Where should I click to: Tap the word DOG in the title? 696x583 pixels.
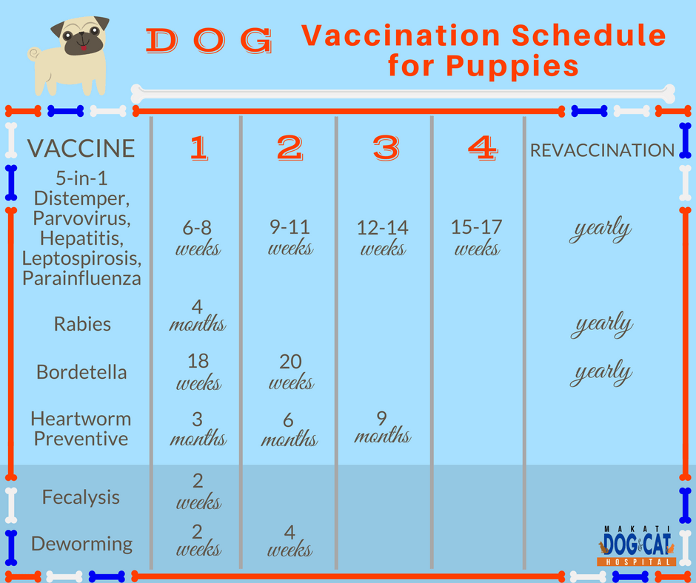pos(210,41)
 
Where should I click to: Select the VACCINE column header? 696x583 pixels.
pos(81,149)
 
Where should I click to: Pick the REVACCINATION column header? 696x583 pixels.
pos(602,150)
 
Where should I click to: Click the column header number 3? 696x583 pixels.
pos(385,149)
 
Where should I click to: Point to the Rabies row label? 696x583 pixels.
pos(82,323)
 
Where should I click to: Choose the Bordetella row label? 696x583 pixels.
pos(81,371)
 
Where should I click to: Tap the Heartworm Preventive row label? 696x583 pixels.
pos(81,428)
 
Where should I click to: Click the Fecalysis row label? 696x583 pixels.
pos(81,497)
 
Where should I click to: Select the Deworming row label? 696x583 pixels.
pos(81,544)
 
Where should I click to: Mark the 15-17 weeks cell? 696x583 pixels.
pos(476,237)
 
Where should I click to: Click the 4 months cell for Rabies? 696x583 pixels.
pos(198,315)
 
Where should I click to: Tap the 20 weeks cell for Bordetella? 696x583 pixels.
pos(290,371)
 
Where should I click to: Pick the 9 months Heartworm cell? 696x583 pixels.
pos(382,428)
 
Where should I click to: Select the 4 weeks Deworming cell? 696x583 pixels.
pos(290,541)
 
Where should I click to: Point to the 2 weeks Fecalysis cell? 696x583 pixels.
pos(198,491)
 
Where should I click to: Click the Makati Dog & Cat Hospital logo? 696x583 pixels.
pos(636,545)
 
